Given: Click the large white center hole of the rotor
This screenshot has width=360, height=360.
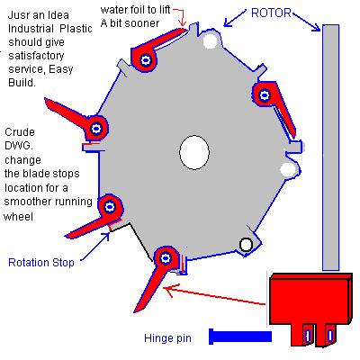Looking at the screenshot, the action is click(x=194, y=152).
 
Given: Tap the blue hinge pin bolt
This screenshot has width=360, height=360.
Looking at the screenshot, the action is click(x=240, y=337).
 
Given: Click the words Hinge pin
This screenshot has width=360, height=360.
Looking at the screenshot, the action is click(x=167, y=338).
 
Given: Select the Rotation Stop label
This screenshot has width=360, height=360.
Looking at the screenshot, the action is click(x=41, y=263).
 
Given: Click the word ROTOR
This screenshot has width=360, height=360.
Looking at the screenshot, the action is click(x=271, y=13).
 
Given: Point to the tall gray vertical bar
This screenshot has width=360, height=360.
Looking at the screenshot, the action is click(x=331, y=148).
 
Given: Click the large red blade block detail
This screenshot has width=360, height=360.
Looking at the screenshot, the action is click(x=310, y=309).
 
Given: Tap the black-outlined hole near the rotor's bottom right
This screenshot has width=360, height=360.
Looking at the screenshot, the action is click(x=246, y=245).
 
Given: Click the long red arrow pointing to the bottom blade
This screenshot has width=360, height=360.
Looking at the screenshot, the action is click(x=214, y=295).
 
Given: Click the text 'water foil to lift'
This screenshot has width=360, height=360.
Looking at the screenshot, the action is click(x=136, y=10).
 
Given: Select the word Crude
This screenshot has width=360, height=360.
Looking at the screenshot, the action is click(x=20, y=132).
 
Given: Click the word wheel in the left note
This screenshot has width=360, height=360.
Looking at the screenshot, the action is click(x=18, y=217).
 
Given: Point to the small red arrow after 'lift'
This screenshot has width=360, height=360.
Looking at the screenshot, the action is click(x=180, y=16).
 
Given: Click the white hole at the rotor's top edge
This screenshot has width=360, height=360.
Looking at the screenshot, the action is click(x=210, y=40).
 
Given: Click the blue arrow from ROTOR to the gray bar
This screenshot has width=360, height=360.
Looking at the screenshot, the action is click(x=306, y=21).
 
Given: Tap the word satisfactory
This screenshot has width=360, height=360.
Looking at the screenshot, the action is click(x=36, y=56).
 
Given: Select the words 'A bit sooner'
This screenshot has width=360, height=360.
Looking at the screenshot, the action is click(x=130, y=23).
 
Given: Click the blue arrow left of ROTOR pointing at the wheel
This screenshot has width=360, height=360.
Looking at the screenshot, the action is click(x=235, y=18).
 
